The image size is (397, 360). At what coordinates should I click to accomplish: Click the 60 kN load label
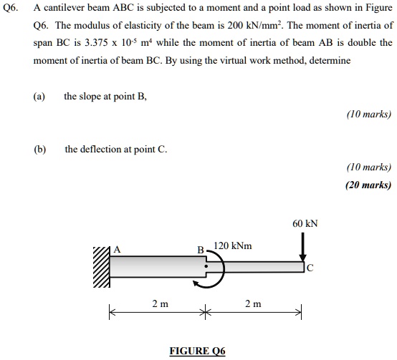tap(305, 223)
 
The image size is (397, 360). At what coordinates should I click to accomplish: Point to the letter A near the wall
tap(118, 249)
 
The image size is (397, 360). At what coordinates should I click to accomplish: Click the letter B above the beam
tap(201, 250)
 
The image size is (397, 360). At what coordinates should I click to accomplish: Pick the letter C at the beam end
tap(310, 269)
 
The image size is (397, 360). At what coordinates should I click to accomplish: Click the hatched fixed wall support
tap(101, 268)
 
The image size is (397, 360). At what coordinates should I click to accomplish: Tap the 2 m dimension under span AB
tap(160, 304)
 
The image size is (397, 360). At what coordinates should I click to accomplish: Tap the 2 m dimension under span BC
tap(253, 304)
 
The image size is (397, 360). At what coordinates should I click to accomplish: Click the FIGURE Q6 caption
tap(197, 351)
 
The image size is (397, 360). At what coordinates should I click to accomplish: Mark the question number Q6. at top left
tap(13, 9)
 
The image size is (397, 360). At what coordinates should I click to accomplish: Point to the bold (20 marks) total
tap(368, 185)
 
